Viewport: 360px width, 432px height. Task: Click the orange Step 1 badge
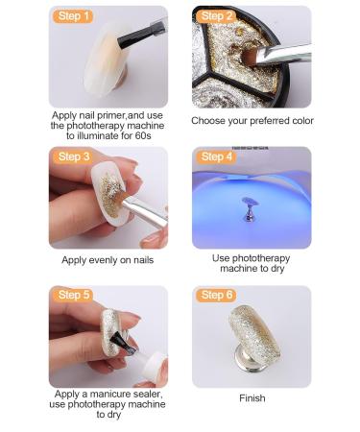pos(73,16)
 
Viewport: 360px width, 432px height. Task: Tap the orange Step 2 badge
pos(216,16)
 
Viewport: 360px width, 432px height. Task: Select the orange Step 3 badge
pos(73,156)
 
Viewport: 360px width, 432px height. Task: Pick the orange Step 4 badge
pos(216,156)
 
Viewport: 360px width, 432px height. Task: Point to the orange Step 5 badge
pos(73,295)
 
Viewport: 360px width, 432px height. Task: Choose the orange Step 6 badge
pos(216,295)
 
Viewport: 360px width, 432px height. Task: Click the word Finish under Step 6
pos(252,398)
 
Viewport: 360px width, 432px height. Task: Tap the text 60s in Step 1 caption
pos(143,135)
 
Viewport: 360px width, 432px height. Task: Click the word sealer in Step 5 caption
pos(147,394)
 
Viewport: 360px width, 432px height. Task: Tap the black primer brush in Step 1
pos(141,35)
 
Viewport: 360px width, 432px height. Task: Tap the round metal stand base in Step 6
pos(249,360)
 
